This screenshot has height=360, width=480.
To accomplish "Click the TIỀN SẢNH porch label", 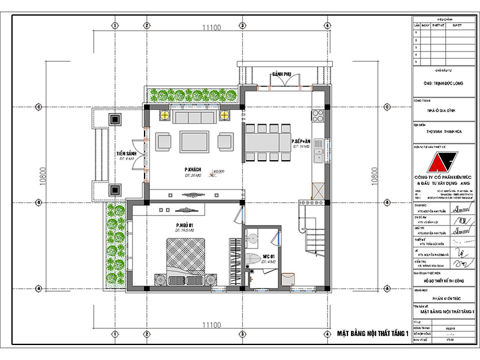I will point(127,154).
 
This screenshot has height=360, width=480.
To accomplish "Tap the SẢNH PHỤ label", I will point(281,74).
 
